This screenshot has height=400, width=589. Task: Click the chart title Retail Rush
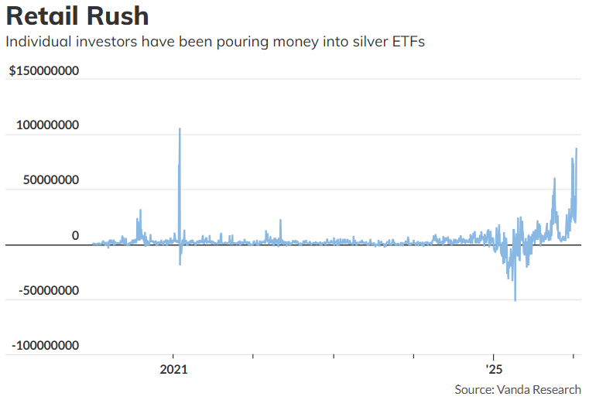point(77,16)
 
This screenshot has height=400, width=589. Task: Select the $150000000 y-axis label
point(44,71)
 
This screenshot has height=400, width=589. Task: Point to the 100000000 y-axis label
point(48,125)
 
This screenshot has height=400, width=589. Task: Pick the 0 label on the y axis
point(75,235)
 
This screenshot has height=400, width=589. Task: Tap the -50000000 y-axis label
point(49,290)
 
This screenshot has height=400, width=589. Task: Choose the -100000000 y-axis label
point(44,345)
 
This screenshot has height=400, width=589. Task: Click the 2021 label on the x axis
point(173,369)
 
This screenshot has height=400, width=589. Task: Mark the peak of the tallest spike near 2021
point(180,128)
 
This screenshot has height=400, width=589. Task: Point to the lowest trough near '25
point(515,300)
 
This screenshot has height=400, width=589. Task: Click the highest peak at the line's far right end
point(576,149)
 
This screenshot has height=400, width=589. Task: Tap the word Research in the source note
point(556,389)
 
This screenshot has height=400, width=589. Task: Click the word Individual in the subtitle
point(36,42)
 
